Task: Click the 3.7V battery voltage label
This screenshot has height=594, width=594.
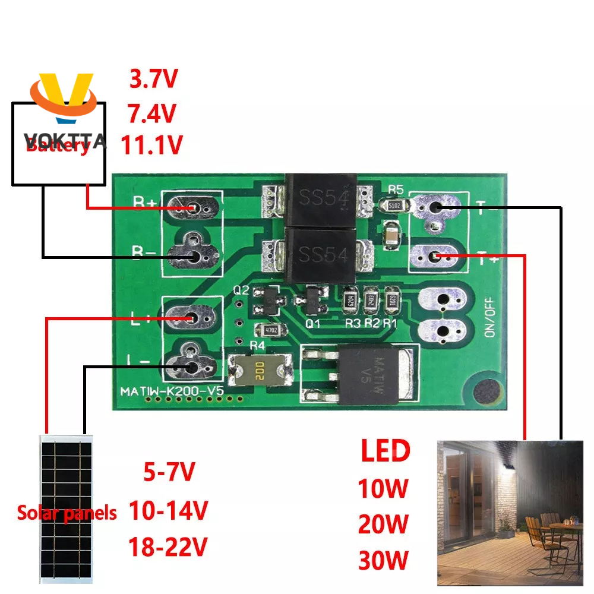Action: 153,79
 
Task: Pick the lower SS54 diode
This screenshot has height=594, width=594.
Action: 321,255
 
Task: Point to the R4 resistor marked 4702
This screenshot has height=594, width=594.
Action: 263,330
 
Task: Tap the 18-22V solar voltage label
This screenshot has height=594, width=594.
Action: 168,546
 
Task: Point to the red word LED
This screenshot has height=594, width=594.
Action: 385,451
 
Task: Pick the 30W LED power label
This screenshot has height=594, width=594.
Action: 383,560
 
